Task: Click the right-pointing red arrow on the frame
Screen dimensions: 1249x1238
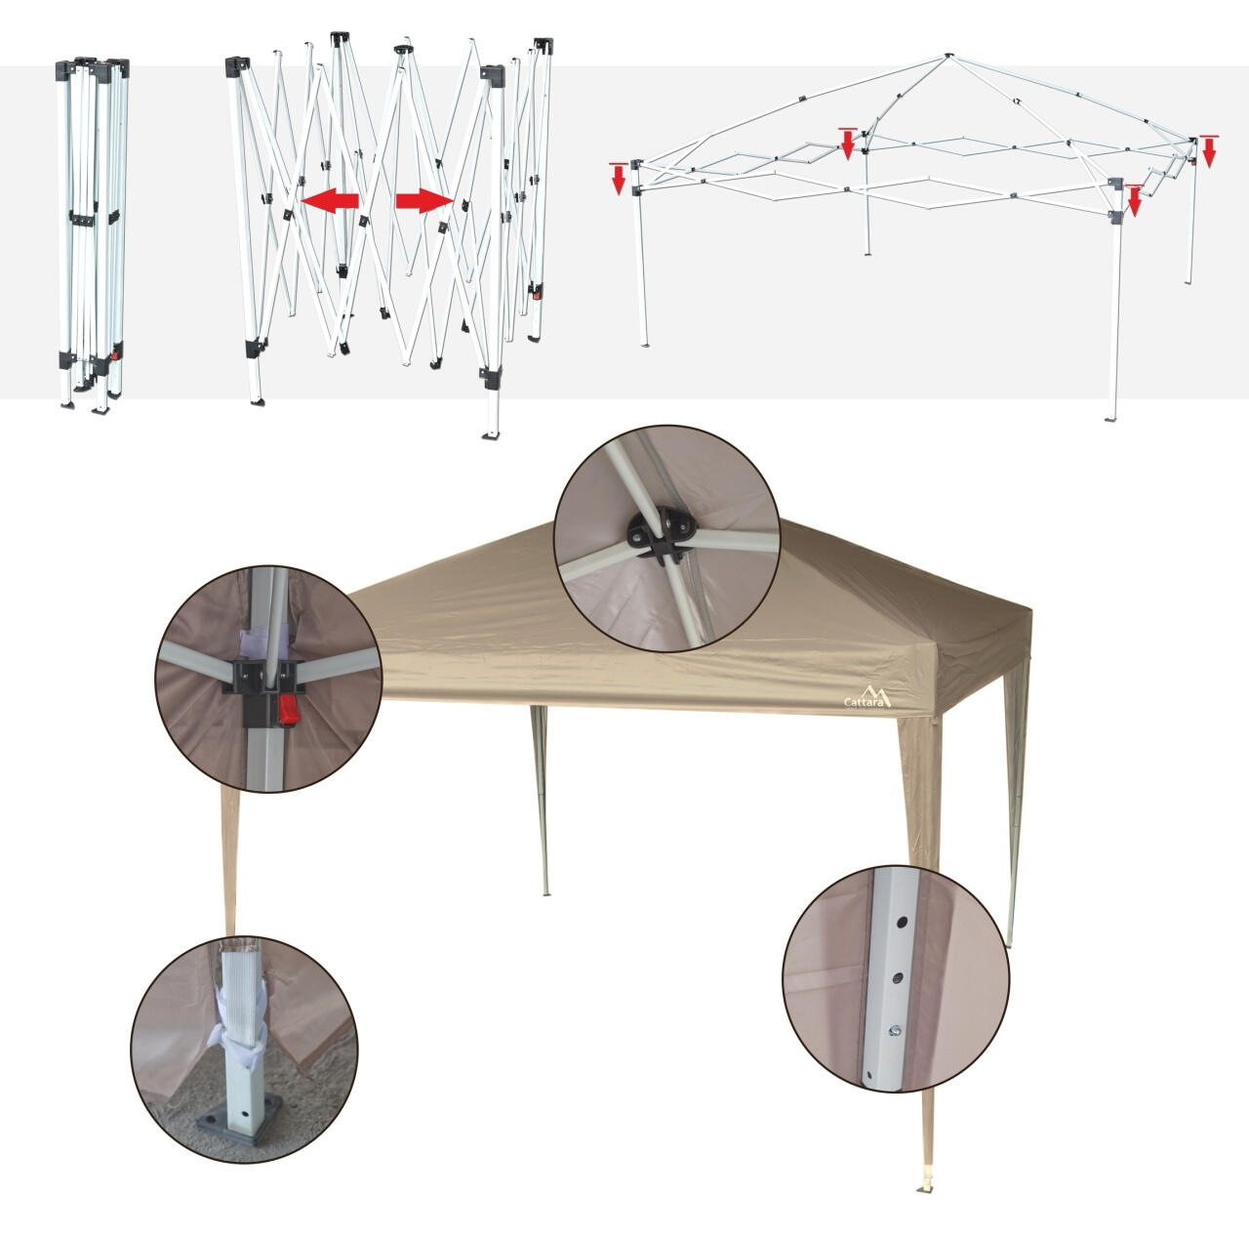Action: point(423,200)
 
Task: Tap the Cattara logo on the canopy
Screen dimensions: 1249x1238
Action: point(867,696)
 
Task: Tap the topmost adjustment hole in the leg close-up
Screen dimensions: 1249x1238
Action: point(902,921)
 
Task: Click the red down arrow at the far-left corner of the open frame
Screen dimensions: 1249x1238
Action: point(619,179)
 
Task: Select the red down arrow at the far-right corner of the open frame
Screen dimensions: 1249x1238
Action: point(1209,151)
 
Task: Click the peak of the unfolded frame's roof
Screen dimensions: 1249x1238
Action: point(948,56)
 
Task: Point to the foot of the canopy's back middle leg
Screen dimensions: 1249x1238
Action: point(545,892)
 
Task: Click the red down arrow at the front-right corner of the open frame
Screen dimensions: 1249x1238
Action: point(1134,200)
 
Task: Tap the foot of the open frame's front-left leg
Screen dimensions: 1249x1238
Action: point(644,345)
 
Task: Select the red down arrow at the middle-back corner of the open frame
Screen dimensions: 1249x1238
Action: point(847,144)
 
